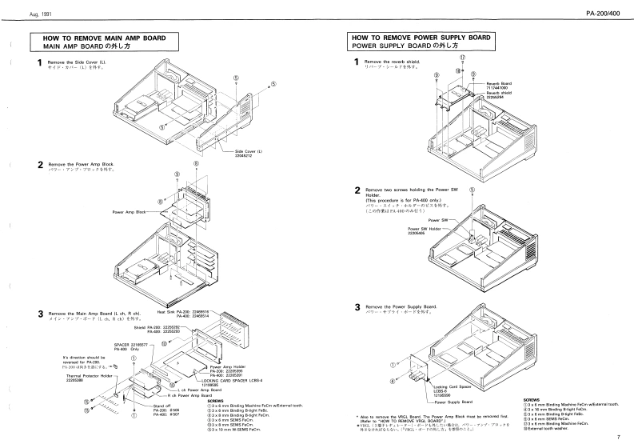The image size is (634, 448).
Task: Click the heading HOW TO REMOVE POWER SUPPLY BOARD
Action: click(421, 38)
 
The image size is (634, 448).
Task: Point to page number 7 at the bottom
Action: click(618, 437)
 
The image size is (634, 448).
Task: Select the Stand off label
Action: click(161, 406)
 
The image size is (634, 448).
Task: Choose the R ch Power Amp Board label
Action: click(189, 396)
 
